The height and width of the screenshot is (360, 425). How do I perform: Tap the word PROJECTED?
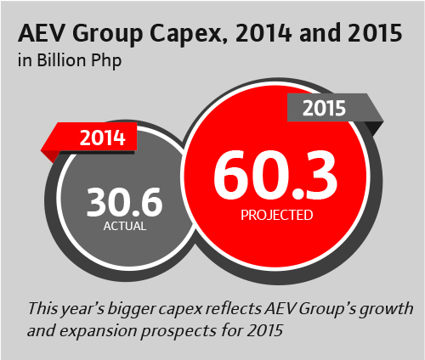(x=275, y=216)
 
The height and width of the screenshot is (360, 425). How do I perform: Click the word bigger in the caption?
(x=127, y=306)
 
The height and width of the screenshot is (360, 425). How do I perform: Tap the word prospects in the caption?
(x=175, y=325)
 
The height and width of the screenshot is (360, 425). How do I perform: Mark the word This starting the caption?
(x=43, y=306)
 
